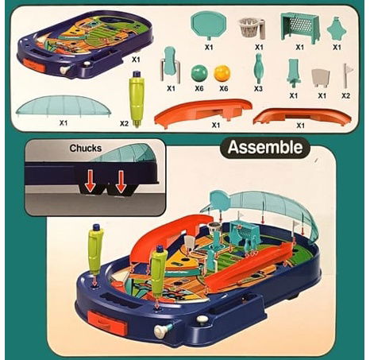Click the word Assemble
coord(265,147)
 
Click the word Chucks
coord(86,148)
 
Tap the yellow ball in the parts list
coord(222,73)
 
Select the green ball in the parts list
coord(199,73)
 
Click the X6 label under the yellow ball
coord(224,88)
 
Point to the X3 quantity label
coord(258,89)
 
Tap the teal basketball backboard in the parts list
coord(209,25)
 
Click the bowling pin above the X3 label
coord(258,68)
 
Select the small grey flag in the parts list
coord(347,75)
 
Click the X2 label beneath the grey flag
coord(345,95)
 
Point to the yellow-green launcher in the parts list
coord(137,99)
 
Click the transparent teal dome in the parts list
coord(64,106)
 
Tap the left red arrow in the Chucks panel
coord(91,181)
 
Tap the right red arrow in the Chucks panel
coord(121,181)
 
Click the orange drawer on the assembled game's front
coord(107,322)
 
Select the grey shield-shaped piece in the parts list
coord(321,78)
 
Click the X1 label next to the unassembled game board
coord(136,60)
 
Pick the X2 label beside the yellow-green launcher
coord(124,123)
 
